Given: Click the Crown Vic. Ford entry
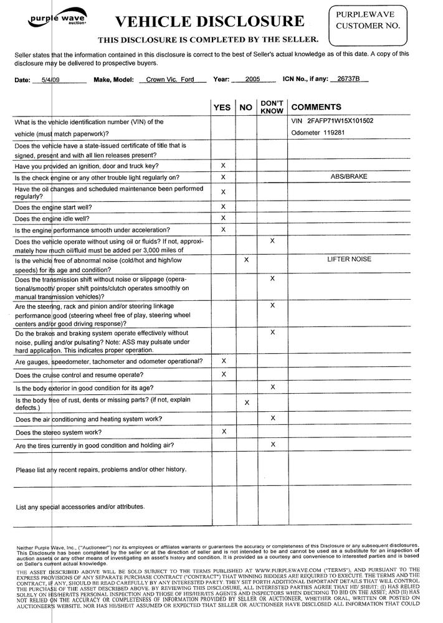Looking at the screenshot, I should (166, 80).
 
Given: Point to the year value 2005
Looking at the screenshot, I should (252, 80).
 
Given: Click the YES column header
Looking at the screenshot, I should (222, 108).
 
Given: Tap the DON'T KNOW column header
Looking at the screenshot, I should (272, 107).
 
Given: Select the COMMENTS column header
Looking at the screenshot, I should (316, 108).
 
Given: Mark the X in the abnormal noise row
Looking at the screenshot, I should (247, 259).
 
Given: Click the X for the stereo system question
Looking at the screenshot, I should (224, 431).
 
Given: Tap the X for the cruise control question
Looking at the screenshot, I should (224, 374).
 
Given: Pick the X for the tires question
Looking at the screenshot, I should (273, 444).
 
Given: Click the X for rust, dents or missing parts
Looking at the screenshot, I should (247, 402).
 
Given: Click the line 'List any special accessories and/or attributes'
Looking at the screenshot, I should (80, 506).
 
